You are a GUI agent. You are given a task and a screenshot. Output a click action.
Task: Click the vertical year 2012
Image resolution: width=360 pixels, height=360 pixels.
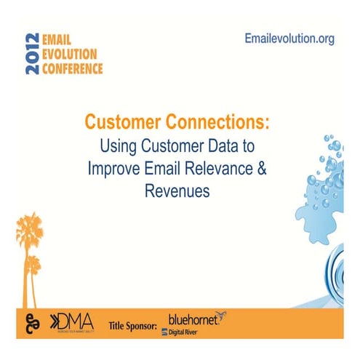tap(32, 55)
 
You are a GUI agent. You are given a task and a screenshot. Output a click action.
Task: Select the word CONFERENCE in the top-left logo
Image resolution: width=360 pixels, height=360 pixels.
tap(76, 69)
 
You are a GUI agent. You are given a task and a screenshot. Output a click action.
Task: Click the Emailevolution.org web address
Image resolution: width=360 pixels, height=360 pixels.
tap(289, 39)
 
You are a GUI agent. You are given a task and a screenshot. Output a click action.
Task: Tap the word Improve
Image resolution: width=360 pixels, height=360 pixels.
tap(115, 169)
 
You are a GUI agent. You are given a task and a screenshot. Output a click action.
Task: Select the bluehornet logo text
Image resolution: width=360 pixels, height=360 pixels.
tap(192, 319)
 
